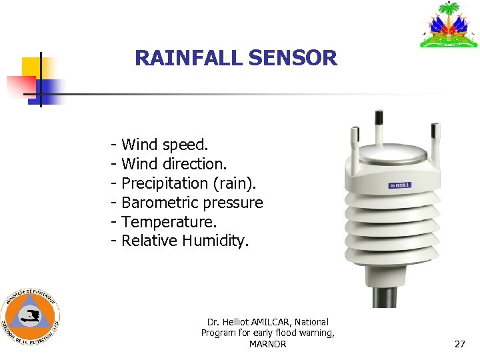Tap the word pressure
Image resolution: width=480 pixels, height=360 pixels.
[x=237, y=202]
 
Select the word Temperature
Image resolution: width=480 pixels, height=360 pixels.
[x=169, y=221]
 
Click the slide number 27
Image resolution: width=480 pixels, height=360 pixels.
[x=459, y=345]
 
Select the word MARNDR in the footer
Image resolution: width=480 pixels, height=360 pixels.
[x=267, y=344]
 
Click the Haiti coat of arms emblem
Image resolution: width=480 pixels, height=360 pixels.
[x=449, y=25]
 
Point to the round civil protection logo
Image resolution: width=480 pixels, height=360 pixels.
[x=30, y=317]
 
